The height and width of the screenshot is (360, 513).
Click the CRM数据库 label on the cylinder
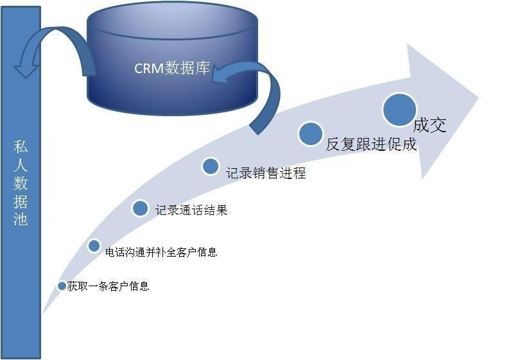point(171,68)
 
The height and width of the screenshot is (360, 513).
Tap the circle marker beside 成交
point(400,110)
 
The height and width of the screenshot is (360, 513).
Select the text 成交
point(430,124)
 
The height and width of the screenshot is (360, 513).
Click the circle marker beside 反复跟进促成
point(311,133)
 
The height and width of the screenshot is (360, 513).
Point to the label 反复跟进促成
point(371,144)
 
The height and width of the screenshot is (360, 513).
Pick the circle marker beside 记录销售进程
point(211,166)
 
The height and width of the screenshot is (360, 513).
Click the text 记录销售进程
point(266,173)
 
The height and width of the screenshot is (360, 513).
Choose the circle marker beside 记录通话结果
point(140,208)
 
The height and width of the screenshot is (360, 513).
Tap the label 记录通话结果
point(191,210)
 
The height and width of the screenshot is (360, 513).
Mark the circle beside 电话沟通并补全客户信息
point(94,246)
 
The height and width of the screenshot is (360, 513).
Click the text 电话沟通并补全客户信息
point(161,252)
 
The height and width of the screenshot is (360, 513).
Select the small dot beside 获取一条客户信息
point(62,286)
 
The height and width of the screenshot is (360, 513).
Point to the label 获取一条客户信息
point(108,286)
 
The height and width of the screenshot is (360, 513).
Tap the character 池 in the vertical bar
point(21,218)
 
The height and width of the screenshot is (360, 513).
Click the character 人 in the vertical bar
point(21,166)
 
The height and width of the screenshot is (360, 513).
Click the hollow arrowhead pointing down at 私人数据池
point(26,67)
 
